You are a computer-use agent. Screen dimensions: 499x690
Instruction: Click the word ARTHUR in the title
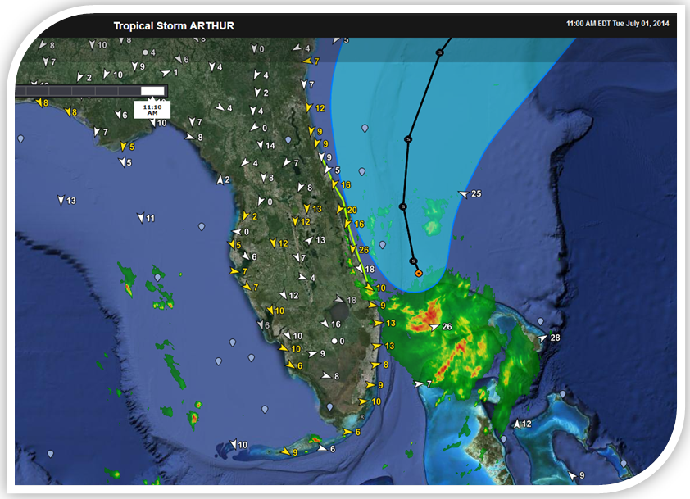point(212,25)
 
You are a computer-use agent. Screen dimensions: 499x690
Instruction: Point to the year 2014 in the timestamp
point(659,23)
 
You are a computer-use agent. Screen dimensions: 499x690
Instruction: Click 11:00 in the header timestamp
point(576,23)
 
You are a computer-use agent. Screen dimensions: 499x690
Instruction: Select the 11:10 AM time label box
point(152,109)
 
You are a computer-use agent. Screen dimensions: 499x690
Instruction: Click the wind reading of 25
point(476,193)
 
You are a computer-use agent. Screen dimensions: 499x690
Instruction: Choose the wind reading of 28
point(555,338)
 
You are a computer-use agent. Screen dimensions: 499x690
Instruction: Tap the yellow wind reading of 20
point(352,211)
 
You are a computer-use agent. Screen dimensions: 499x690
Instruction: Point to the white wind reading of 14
point(270,145)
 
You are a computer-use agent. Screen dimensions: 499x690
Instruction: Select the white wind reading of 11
point(150,218)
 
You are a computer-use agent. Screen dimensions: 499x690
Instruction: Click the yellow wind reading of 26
point(364,250)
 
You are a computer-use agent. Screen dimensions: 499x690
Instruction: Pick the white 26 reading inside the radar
point(447,327)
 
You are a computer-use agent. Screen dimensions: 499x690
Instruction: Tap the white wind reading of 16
point(335,324)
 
